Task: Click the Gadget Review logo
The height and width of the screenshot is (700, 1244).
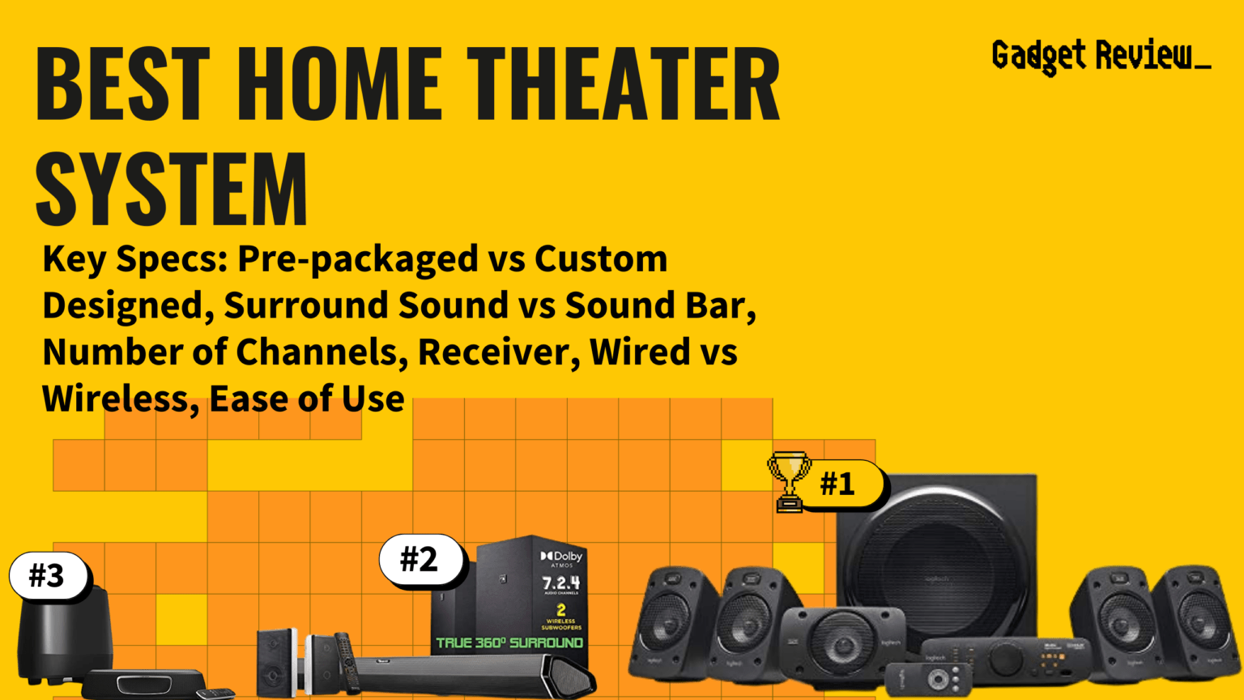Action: (1101, 56)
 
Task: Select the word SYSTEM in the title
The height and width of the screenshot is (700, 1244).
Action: (172, 189)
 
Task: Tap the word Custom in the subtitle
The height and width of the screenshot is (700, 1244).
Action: (601, 259)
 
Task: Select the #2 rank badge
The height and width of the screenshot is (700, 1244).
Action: (420, 559)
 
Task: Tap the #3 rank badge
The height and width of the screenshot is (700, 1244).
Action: (47, 575)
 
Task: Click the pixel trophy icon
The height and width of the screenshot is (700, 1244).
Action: (789, 480)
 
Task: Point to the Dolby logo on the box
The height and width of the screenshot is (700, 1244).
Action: (561, 557)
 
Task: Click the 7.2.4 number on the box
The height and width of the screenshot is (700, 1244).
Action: (560, 583)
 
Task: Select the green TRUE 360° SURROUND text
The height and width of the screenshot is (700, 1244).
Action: (509, 642)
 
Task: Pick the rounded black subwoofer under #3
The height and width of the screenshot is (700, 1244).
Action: (65, 632)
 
